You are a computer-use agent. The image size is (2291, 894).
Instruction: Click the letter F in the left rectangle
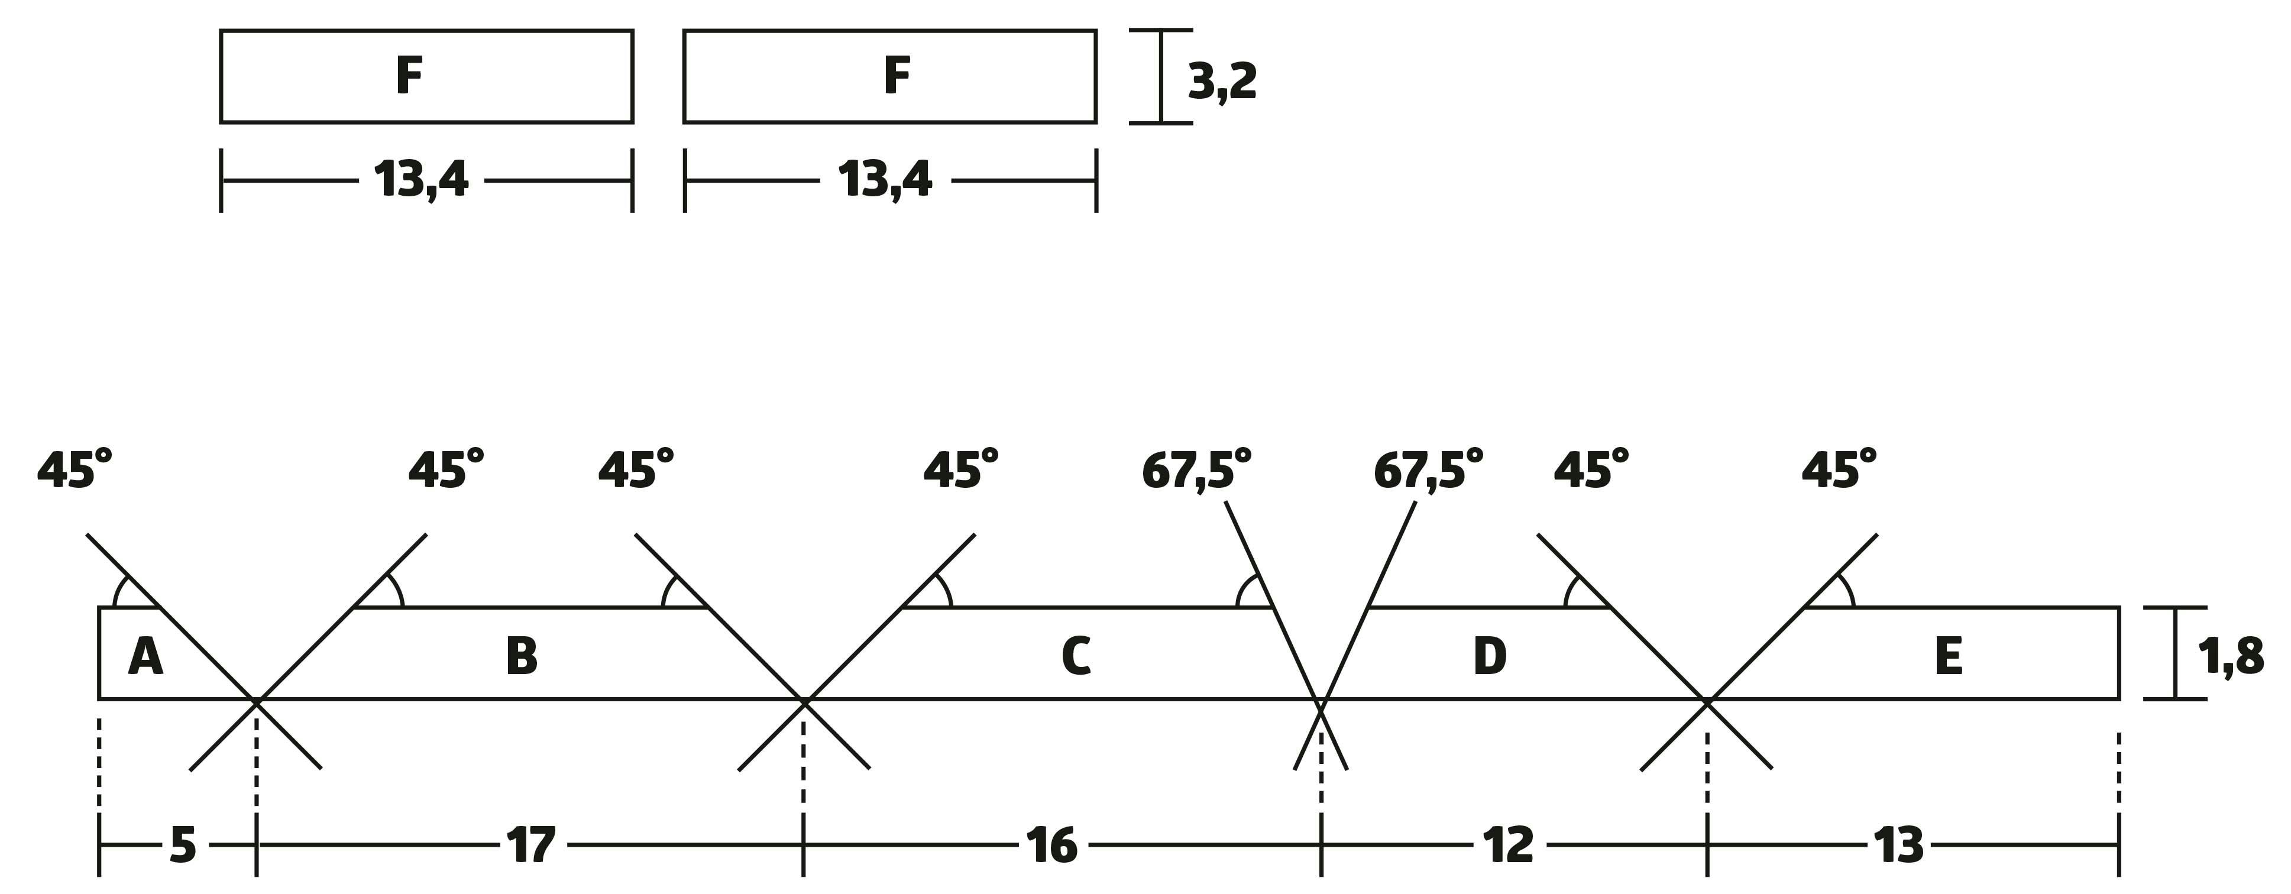point(409,76)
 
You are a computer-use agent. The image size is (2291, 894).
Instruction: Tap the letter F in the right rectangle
point(897,76)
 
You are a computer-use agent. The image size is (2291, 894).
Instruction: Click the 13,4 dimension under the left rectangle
point(420,180)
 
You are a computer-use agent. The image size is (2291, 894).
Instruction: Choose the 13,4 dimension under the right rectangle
point(885,180)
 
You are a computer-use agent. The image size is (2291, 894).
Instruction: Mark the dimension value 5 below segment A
point(182,845)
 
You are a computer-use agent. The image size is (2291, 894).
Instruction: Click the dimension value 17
point(531,845)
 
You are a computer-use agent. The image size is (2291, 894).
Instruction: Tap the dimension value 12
point(1509,845)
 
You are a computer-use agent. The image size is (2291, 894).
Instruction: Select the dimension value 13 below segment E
point(1899,845)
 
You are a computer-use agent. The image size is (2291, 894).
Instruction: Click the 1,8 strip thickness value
point(2231,658)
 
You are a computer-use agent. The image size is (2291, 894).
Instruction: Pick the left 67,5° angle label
point(1196,469)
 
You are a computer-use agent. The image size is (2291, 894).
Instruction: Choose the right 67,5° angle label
point(1428,469)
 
